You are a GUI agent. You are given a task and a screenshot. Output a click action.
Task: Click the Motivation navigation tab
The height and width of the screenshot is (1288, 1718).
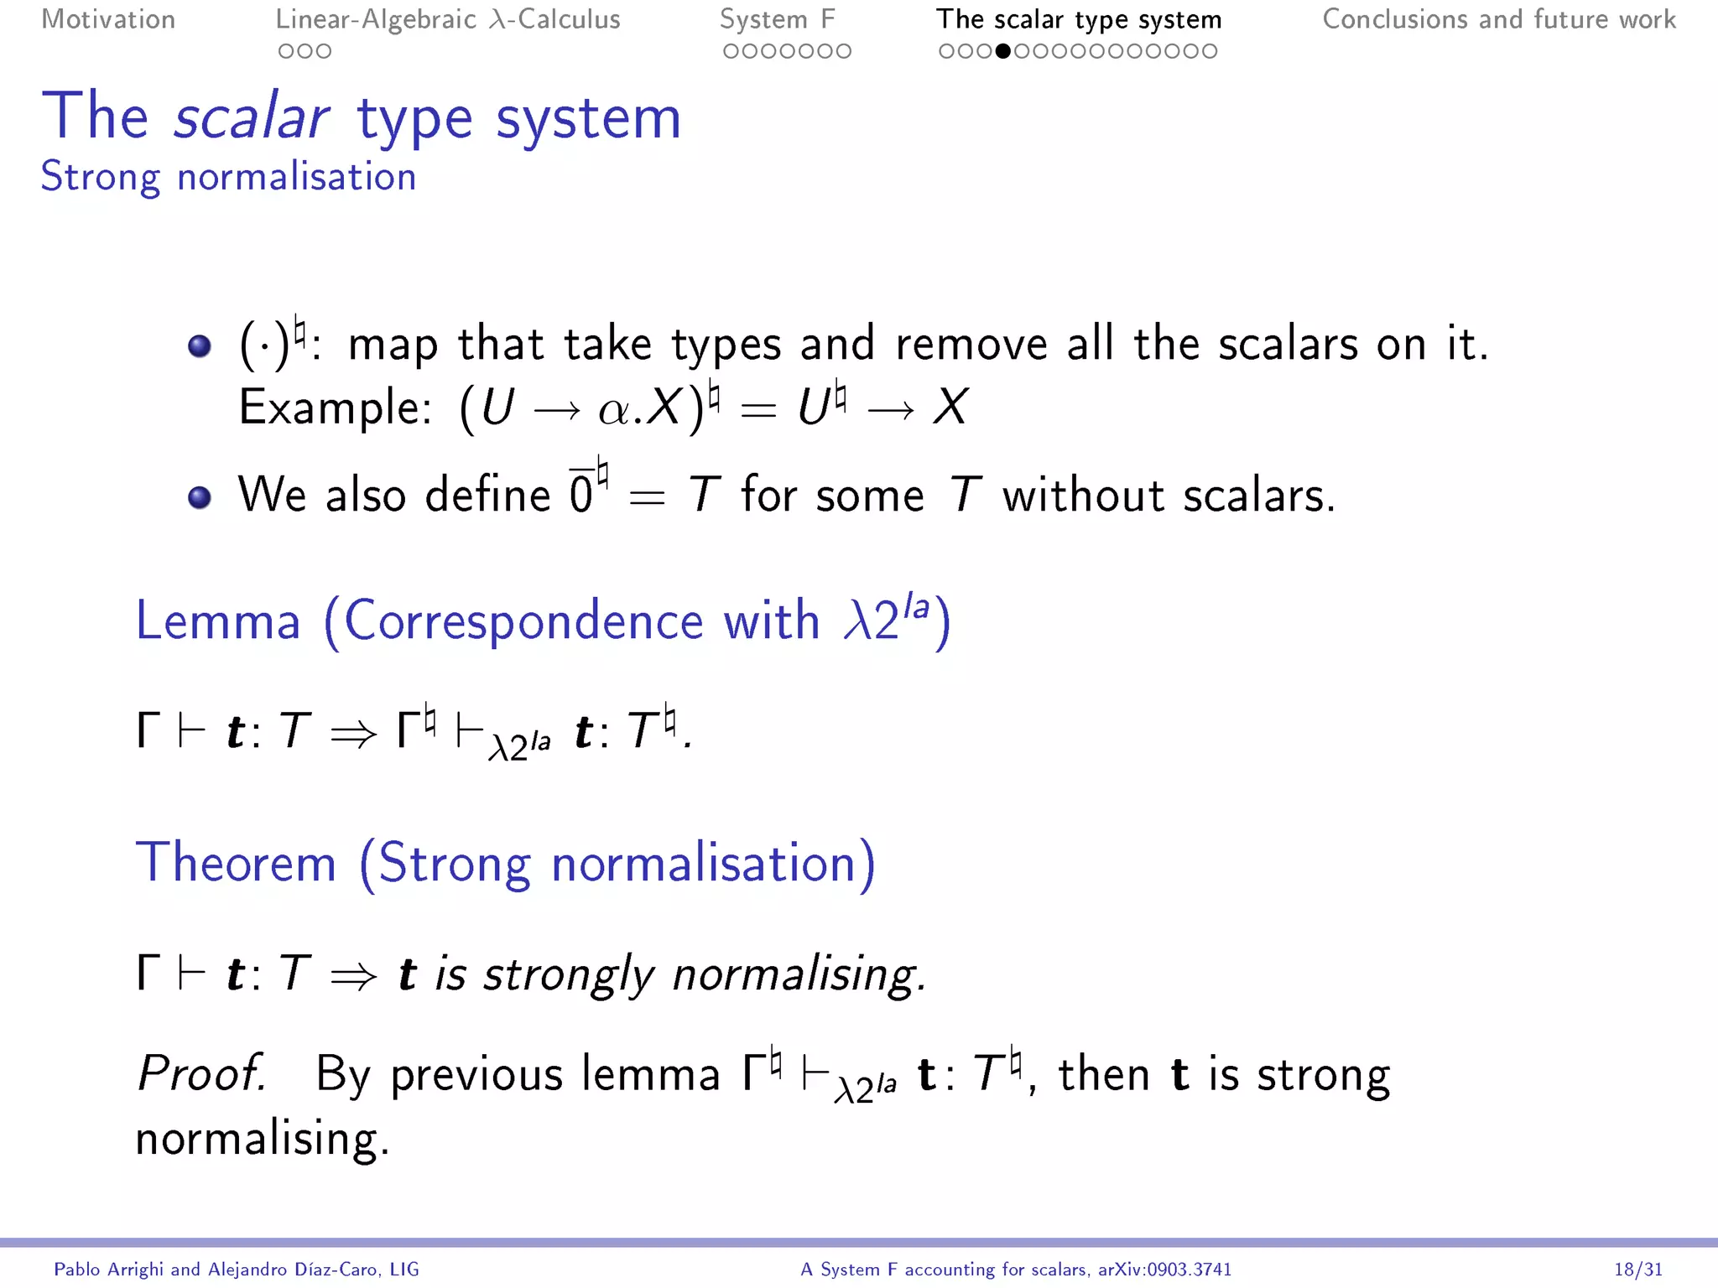[108, 19]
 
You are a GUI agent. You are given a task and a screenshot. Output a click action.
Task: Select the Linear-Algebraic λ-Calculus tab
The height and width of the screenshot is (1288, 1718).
[448, 19]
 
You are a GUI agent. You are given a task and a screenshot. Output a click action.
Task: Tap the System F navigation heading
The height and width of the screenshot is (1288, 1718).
[777, 19]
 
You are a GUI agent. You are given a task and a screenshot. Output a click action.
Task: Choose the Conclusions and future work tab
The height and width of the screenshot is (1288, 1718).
[1499, 19]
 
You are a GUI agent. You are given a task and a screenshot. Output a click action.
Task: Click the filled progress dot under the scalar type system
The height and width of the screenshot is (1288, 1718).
[1002, 51]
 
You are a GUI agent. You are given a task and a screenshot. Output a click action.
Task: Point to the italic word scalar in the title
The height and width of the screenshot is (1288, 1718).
[252, 117]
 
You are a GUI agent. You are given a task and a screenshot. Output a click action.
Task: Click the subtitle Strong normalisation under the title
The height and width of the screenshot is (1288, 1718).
[228, 177]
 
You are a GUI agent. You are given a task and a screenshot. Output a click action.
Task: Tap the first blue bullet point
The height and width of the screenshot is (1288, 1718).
[200, 345]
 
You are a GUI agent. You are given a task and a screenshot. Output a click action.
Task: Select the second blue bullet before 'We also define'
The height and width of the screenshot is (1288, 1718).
[200, 497]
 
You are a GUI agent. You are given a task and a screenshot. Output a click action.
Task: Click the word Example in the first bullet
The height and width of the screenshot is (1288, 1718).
[335, 408]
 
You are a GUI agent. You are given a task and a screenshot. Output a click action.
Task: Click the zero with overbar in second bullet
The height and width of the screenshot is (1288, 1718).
[580, 493]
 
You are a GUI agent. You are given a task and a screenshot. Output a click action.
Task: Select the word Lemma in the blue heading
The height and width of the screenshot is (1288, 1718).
[218, 621]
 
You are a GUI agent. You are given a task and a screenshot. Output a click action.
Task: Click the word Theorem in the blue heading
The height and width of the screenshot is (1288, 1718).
[236, 863]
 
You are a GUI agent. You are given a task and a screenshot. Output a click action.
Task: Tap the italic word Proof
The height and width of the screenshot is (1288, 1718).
[201, 1073]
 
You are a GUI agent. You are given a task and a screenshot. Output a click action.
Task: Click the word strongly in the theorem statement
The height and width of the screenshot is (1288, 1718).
[569, 974]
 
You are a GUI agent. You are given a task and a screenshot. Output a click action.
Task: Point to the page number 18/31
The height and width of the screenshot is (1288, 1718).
[1638, 1270]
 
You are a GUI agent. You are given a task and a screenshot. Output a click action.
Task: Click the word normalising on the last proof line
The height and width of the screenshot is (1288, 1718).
[263, 1139]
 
